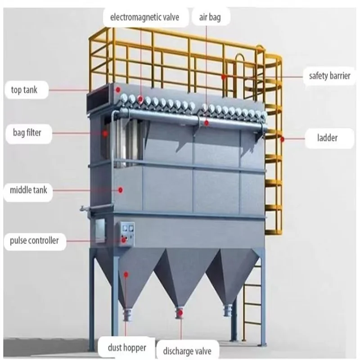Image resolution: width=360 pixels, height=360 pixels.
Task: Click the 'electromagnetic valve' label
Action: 141,18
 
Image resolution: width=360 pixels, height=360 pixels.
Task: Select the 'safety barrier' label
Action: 329,76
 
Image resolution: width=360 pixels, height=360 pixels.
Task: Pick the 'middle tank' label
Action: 28,190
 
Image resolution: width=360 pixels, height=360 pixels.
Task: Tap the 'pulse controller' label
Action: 34,241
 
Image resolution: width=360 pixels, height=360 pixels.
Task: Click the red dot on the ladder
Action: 282,139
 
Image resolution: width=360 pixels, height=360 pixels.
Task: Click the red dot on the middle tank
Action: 120,190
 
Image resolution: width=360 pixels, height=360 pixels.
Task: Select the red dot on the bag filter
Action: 104,133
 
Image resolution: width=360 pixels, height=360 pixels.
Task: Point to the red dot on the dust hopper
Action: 126,274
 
